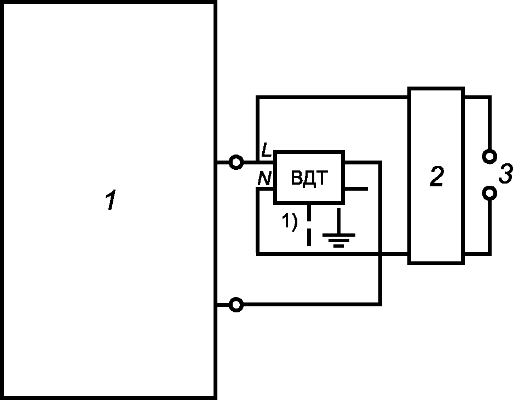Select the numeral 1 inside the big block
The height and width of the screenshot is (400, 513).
(111, 201)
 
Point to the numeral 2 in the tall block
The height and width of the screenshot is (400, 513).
(436, 177)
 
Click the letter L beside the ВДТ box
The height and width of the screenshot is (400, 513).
(266, 150)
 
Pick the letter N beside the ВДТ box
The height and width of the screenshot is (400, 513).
(264, 179)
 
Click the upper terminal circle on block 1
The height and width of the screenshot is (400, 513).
(236, 162)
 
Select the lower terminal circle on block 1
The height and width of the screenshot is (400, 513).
(236, 305)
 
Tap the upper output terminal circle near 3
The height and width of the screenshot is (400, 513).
(489, 156)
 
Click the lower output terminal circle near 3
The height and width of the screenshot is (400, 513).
(489, 193)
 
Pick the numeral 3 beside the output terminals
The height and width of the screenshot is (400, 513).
(505, 175)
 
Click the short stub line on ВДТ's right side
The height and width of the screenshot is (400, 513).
(356, 189)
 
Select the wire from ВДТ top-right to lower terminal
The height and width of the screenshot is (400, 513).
(380, 247)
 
